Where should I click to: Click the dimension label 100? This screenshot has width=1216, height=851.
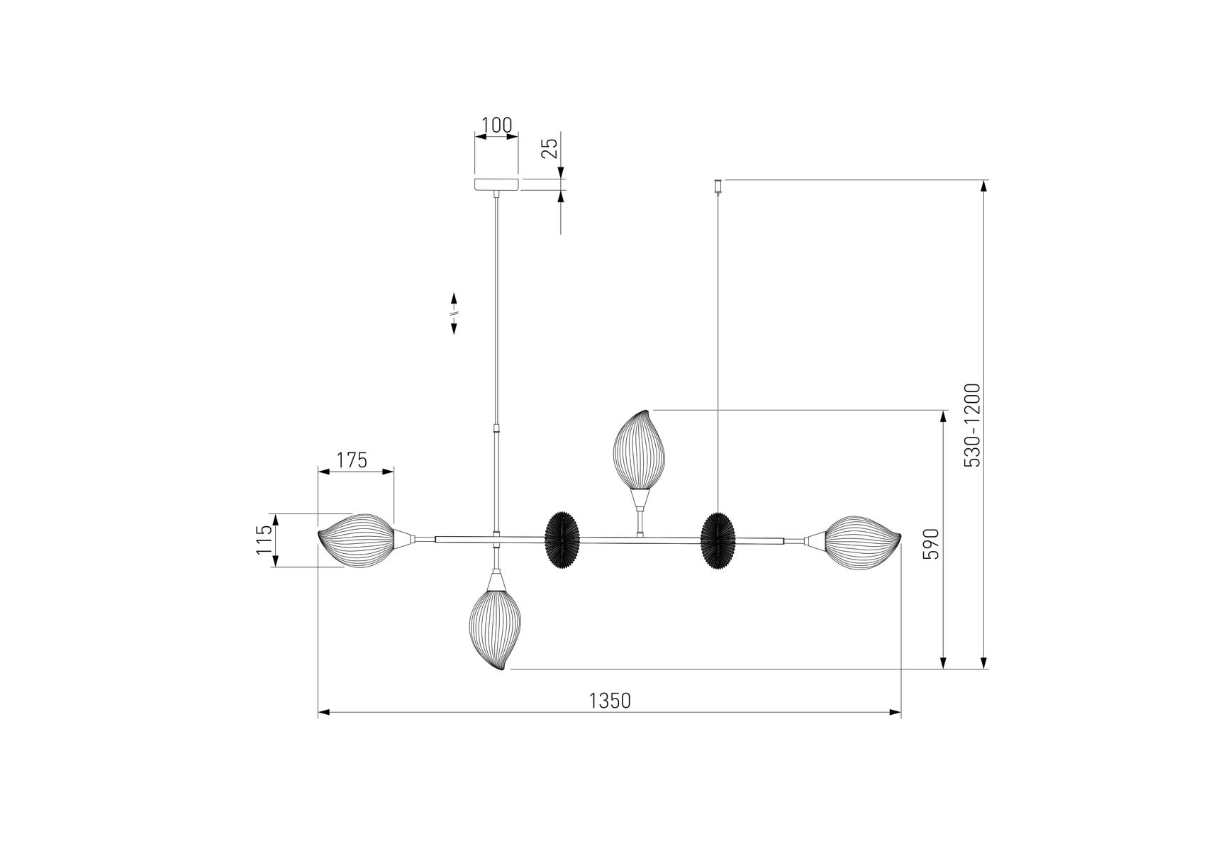click(496, 126)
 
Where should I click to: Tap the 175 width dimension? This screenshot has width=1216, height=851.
click(352, 460)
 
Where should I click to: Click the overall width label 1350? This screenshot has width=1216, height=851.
click(610, 701)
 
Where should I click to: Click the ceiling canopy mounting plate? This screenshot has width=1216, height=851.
click(496, 184)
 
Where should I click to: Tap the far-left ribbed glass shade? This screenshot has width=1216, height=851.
click(355, 540)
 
